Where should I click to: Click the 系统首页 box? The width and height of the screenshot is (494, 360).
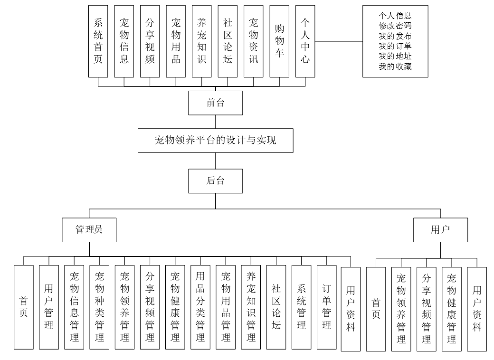[x=98, y=41]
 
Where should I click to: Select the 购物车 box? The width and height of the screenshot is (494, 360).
[x=279, y=41]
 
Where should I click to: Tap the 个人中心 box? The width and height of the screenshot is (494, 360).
[x=304, y=41]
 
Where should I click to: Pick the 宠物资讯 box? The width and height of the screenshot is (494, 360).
[x=253, y=41]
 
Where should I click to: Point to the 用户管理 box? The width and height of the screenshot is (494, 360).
[x=48, y=307]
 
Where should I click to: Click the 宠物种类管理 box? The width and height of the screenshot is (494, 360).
[x=99, y=307]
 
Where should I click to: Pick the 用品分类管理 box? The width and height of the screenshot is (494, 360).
[x=200, y=307]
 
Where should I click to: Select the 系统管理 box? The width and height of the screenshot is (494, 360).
[x=301, y=307]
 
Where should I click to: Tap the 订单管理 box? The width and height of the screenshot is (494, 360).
[x=326, y=307]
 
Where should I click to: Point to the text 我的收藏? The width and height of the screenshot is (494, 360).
[x=395, y=67]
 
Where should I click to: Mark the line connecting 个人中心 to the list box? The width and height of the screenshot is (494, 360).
[x=339, y=41]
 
